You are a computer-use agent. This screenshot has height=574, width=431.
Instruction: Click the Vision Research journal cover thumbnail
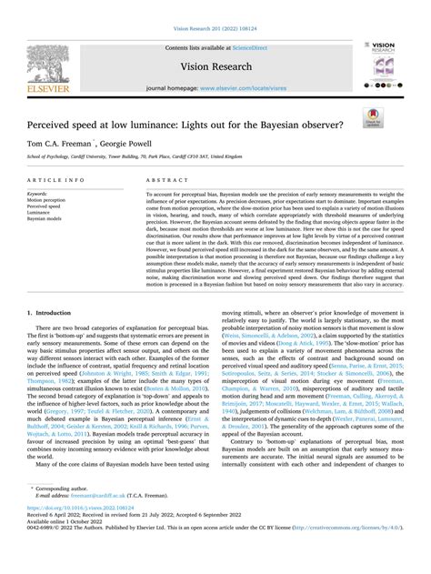[379, 65]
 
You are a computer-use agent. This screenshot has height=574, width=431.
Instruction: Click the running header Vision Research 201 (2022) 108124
[215, 8]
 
